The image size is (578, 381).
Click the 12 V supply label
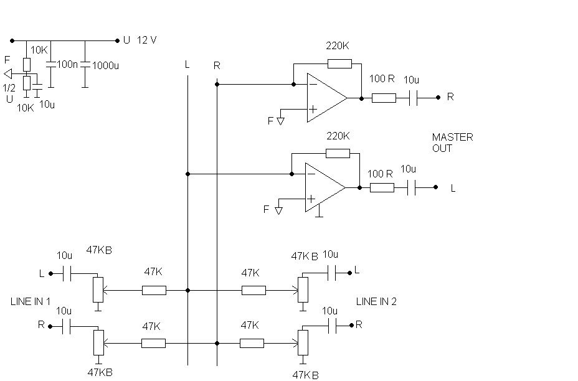tap(147, 40)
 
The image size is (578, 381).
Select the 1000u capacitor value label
tap(105, 65)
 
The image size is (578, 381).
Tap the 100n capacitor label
tap(67, 64)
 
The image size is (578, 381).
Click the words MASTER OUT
tap(452, 143)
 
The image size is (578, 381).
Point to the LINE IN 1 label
tap(31, 301)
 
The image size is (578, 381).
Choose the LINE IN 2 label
tap(376, 301)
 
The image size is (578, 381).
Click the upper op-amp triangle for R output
tap(327, 98)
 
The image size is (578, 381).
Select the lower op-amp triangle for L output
tap(325, 187)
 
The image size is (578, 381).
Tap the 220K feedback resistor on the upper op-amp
tap(339, 63)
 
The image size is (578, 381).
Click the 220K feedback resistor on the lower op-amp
tap(338, 153)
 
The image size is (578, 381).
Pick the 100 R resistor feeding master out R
tap(384, 98)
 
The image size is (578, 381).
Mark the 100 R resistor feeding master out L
tap(382, 187)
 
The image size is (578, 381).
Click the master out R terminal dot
tap(438, 98)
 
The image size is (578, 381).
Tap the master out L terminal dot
tap(435, 187)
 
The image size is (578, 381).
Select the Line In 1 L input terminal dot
tap(51, 273)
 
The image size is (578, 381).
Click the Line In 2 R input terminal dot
tap(351, 325)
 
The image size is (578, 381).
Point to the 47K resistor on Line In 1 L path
tap(154, 290)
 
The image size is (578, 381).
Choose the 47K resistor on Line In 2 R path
tap(252, 344)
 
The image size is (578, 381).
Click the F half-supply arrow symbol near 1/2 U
tap(7, 73)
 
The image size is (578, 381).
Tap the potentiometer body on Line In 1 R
tap(98, 342)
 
